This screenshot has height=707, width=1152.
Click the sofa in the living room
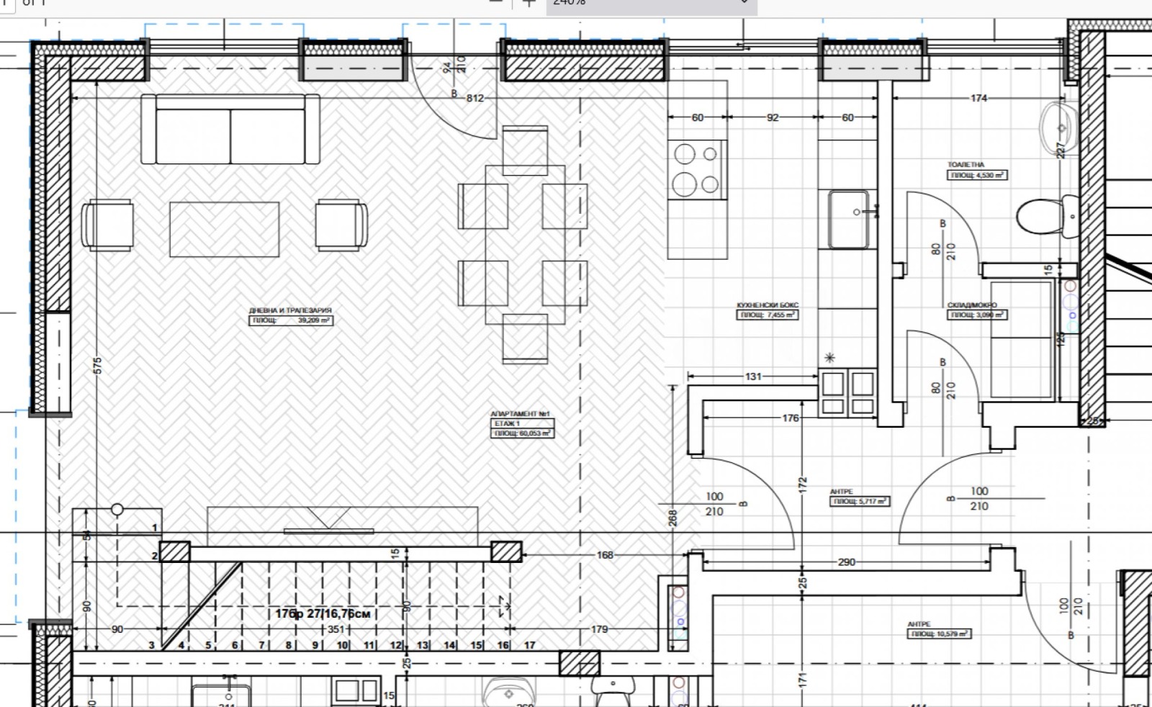point(230,130)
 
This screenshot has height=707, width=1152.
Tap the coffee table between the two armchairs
point(224,229)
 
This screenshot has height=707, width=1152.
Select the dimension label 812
point(475,98)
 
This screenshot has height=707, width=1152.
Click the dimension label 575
point(98,365)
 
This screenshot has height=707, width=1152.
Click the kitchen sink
point(848,217)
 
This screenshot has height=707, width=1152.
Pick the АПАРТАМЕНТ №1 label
point(520,415)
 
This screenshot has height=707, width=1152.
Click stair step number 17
point(529,645)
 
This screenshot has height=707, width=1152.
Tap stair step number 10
point(343,645)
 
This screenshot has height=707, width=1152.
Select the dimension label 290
point(847,562)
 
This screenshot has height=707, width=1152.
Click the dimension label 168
point(605,555)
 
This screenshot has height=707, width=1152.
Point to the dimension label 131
point(753,376)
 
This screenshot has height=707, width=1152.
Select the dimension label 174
point(978,98)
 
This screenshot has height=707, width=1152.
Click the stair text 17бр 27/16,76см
point(323,613)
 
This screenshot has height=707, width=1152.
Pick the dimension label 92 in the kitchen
point(773,117)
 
